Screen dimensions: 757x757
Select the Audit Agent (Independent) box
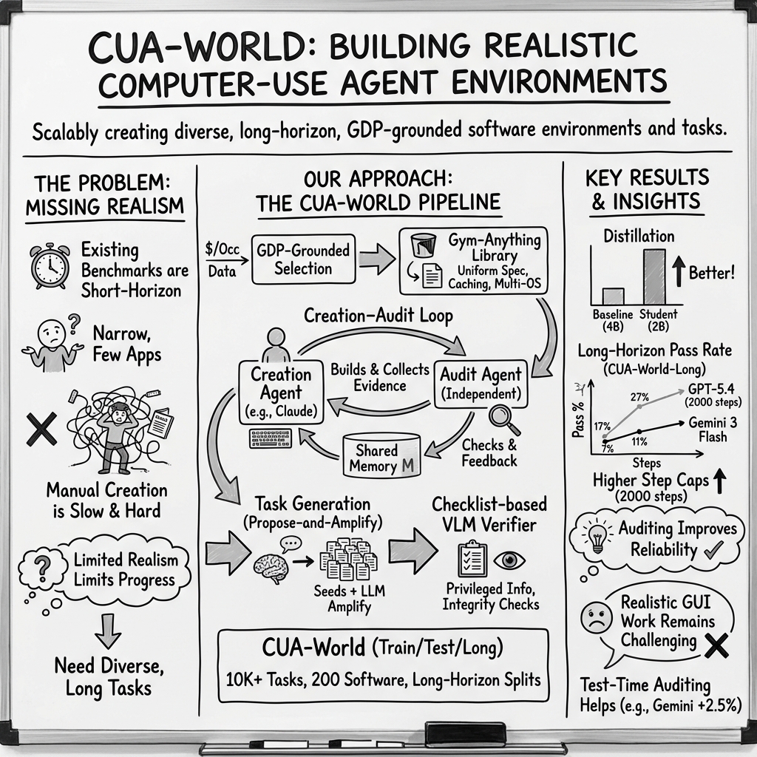coord(481,383)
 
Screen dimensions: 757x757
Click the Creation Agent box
coord(281,393)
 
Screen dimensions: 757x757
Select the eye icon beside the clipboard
coord(509,560)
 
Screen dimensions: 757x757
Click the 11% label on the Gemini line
coord(639,442)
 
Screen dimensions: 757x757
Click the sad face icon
coord(594,617)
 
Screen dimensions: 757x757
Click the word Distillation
coord(639,237)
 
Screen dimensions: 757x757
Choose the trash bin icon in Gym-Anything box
coord(422,244)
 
